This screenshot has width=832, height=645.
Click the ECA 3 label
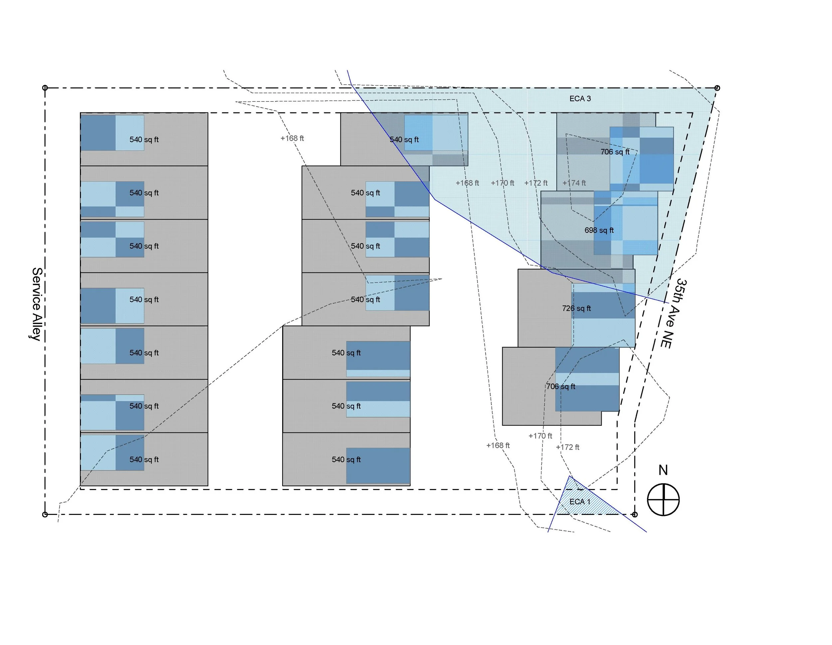580,98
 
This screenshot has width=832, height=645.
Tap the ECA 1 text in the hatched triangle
579,501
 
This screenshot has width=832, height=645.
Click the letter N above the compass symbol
663,470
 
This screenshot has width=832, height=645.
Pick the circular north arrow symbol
663,500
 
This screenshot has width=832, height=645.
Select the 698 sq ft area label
599,230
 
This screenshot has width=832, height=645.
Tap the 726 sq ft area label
576,308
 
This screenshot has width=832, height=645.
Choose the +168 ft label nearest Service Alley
292,138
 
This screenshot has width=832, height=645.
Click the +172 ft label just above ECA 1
567,447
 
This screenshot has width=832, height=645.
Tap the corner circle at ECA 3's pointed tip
717,88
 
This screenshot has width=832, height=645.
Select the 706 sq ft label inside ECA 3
615,152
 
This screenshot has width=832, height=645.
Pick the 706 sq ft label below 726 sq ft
561,387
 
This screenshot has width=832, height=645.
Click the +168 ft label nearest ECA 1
498,445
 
